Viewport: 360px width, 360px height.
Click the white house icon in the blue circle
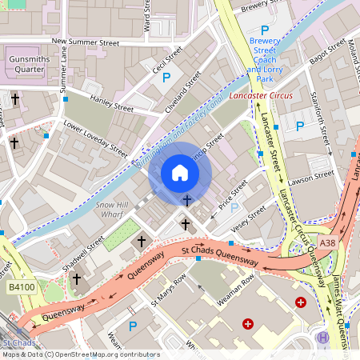pyautogui.click(x=180, y=173)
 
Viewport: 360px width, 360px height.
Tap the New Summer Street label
pyautogui.click(x=84, y=41)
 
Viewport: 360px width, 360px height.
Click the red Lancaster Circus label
pyautogui.click(x=261, y=96)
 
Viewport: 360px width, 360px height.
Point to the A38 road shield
pyautogui.click(x=327, y=243)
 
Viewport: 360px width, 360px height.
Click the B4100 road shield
pyautogui.click(x=21, y=286)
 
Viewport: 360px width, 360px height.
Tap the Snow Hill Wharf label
pyautogui.click(x=112, y=210)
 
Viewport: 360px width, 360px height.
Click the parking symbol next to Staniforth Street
pyautogui.click(x=300, y=126)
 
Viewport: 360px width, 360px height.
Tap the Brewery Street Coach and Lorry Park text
pyautogui.click(x=265, y=58)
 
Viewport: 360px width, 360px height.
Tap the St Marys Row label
pyautogui.click(x=169, y=291)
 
